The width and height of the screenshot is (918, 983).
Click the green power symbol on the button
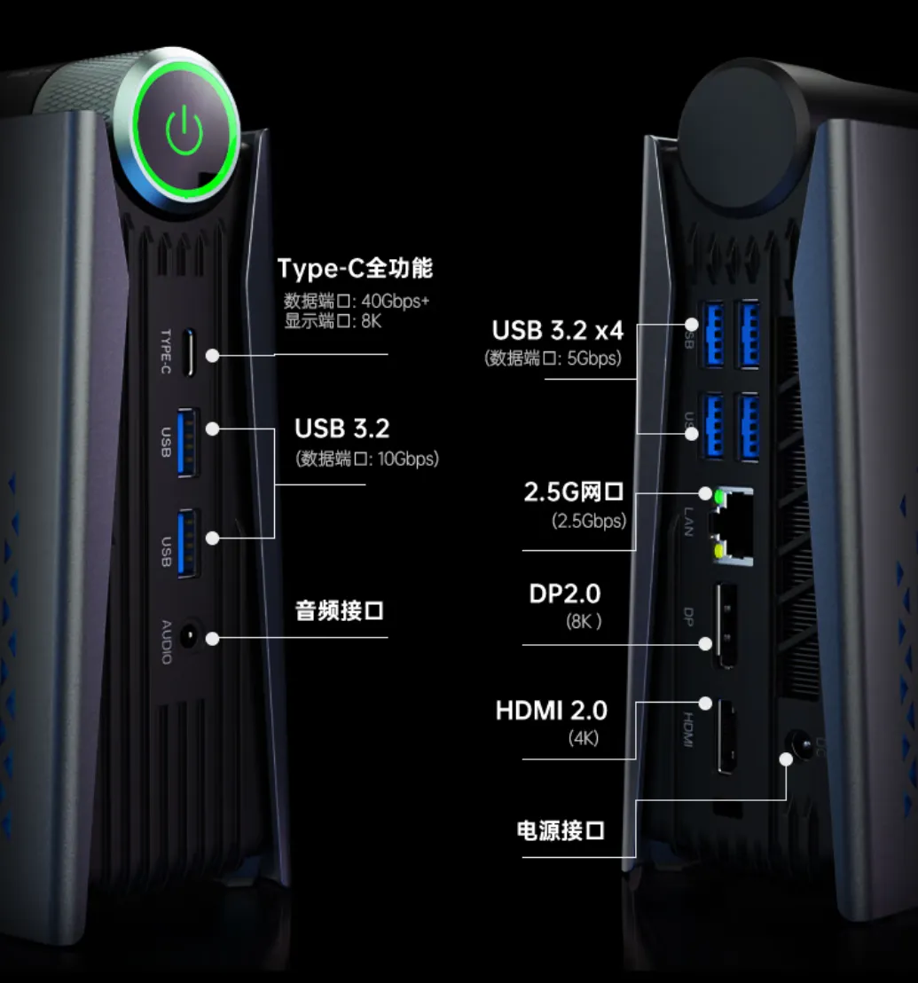(184, 132)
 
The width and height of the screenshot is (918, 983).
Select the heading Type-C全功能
(355, 268)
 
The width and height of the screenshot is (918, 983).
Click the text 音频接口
(339, 611)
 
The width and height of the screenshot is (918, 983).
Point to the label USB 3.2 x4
(558, 331)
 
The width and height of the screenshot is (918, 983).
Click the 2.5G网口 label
(575, 493)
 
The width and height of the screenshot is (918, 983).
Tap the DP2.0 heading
(565, 594)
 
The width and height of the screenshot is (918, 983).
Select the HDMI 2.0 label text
(552, 711)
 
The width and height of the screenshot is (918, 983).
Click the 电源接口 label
(561, 831)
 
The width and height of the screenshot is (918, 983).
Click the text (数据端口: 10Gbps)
(366, 459)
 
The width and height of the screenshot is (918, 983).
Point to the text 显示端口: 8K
(333, 321)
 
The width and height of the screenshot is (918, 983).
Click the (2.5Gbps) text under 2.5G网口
(589, 521)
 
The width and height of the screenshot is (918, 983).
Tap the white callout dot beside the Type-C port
(213, 355)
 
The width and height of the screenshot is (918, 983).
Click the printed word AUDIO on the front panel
(166, 641)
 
